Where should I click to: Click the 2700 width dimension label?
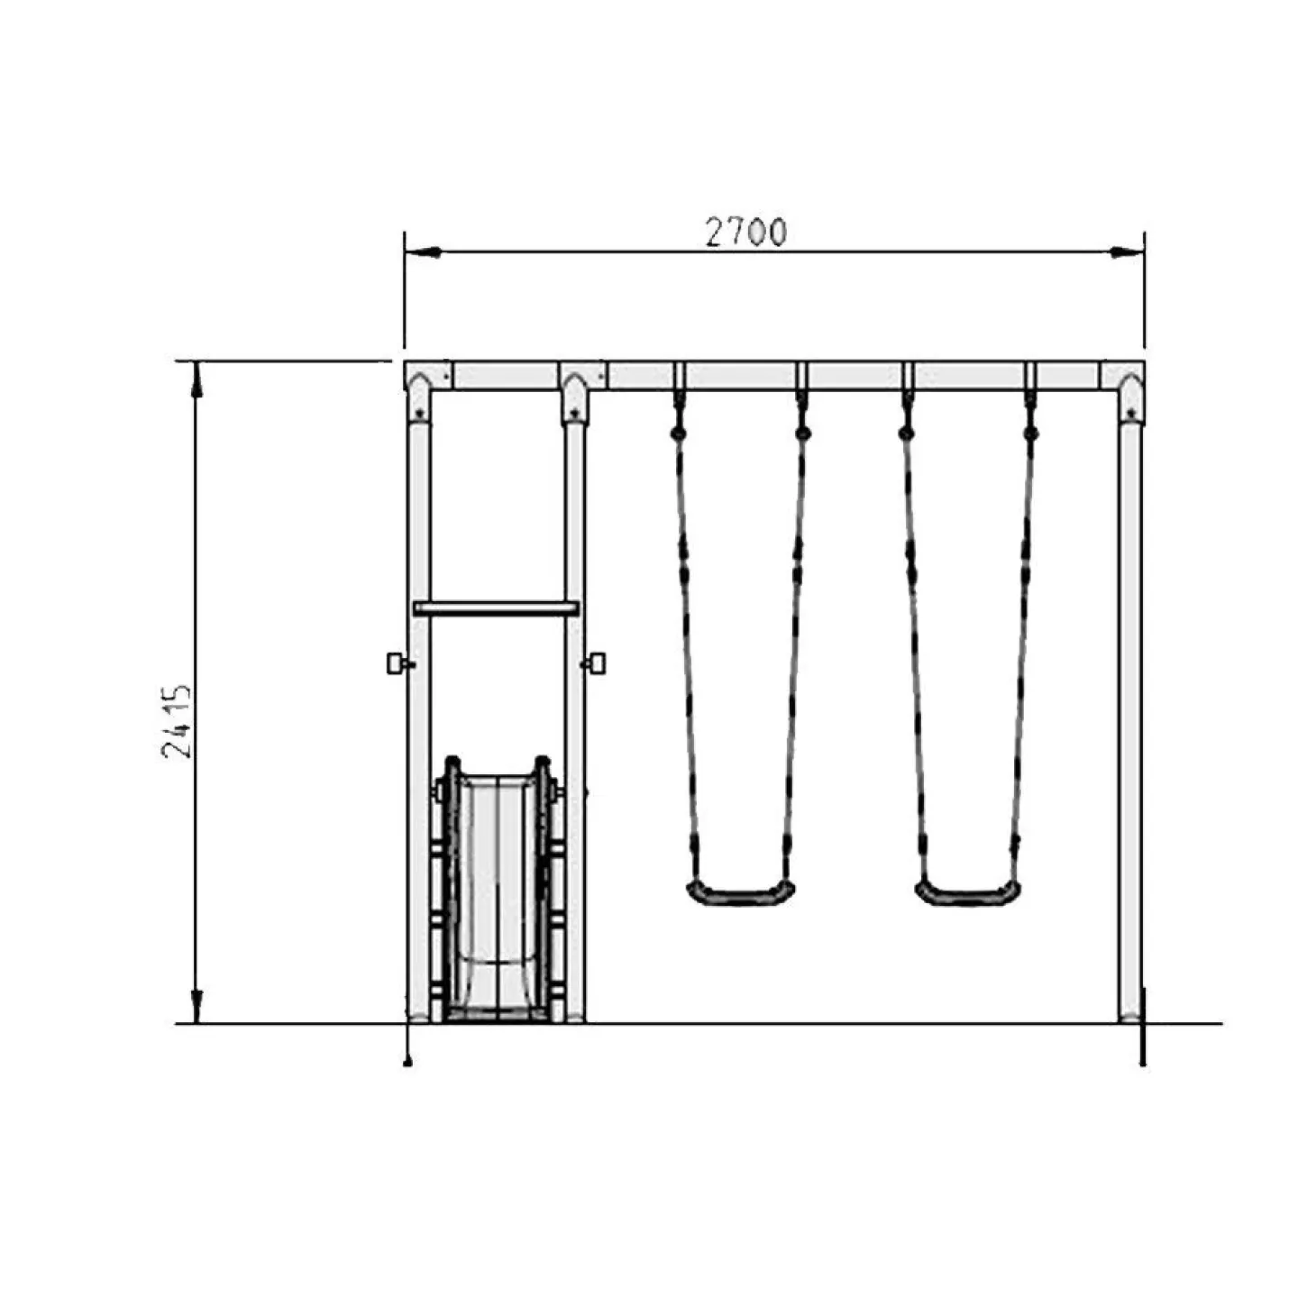[x=745, y=233]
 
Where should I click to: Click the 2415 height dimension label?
[x=176, y=721]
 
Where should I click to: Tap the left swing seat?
[x=741, y=892]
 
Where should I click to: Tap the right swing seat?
[x=968, y=892]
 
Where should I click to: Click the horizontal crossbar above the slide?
[x=496, y=608]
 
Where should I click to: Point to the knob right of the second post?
[x=595, y=663]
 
